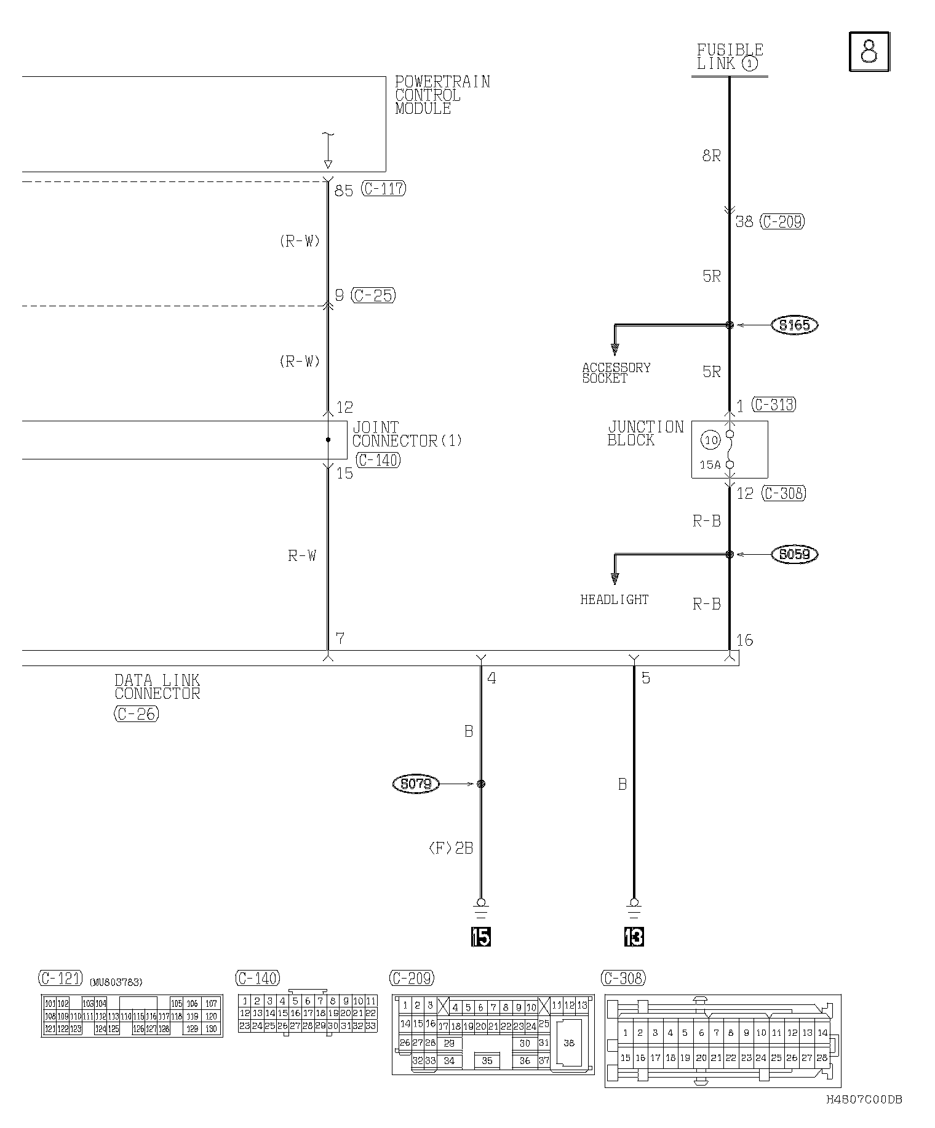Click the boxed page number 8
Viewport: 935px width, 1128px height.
869,52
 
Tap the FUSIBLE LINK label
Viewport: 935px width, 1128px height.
730,57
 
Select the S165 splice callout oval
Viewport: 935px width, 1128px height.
794,325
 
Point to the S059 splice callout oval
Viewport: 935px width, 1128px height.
794,554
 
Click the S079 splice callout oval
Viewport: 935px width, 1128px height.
416,784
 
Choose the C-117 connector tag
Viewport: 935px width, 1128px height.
384,188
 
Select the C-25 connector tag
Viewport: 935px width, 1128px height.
373,295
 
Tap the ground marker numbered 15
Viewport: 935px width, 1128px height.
481,937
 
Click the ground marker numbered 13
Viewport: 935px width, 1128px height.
634,937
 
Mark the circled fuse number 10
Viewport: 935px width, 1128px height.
711,440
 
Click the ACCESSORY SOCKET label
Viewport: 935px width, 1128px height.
616,373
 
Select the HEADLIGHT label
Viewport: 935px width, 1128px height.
614,600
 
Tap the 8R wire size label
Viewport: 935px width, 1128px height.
711,156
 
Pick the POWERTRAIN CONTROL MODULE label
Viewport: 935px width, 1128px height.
442,95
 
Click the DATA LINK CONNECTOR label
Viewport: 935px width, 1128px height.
157,687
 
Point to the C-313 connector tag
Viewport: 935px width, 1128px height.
774,405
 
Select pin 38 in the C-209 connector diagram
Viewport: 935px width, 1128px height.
569,1043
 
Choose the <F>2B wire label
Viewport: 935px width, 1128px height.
450,848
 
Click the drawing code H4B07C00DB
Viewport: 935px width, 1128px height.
864,1100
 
